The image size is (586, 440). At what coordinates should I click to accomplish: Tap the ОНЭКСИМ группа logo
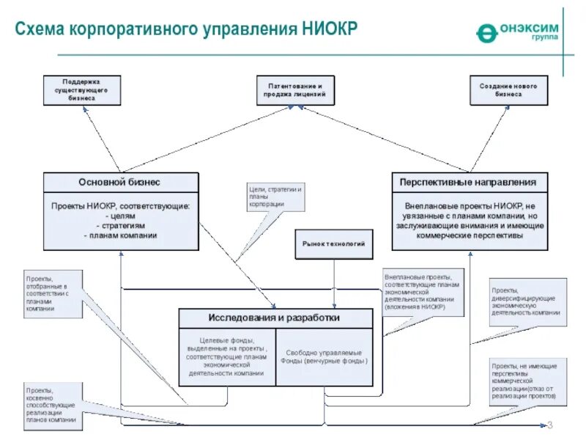(517, 32)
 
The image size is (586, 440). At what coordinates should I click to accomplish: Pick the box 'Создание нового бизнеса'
(508, 90)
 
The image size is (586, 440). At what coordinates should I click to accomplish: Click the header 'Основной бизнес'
(120, 182)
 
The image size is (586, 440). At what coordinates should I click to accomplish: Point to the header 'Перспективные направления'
(469, 182)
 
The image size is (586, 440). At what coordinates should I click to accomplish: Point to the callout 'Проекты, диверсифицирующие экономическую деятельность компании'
(527, 301)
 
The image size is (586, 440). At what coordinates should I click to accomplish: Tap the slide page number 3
(550, 425)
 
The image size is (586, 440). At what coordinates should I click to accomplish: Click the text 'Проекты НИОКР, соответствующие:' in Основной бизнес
(120, 206)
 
